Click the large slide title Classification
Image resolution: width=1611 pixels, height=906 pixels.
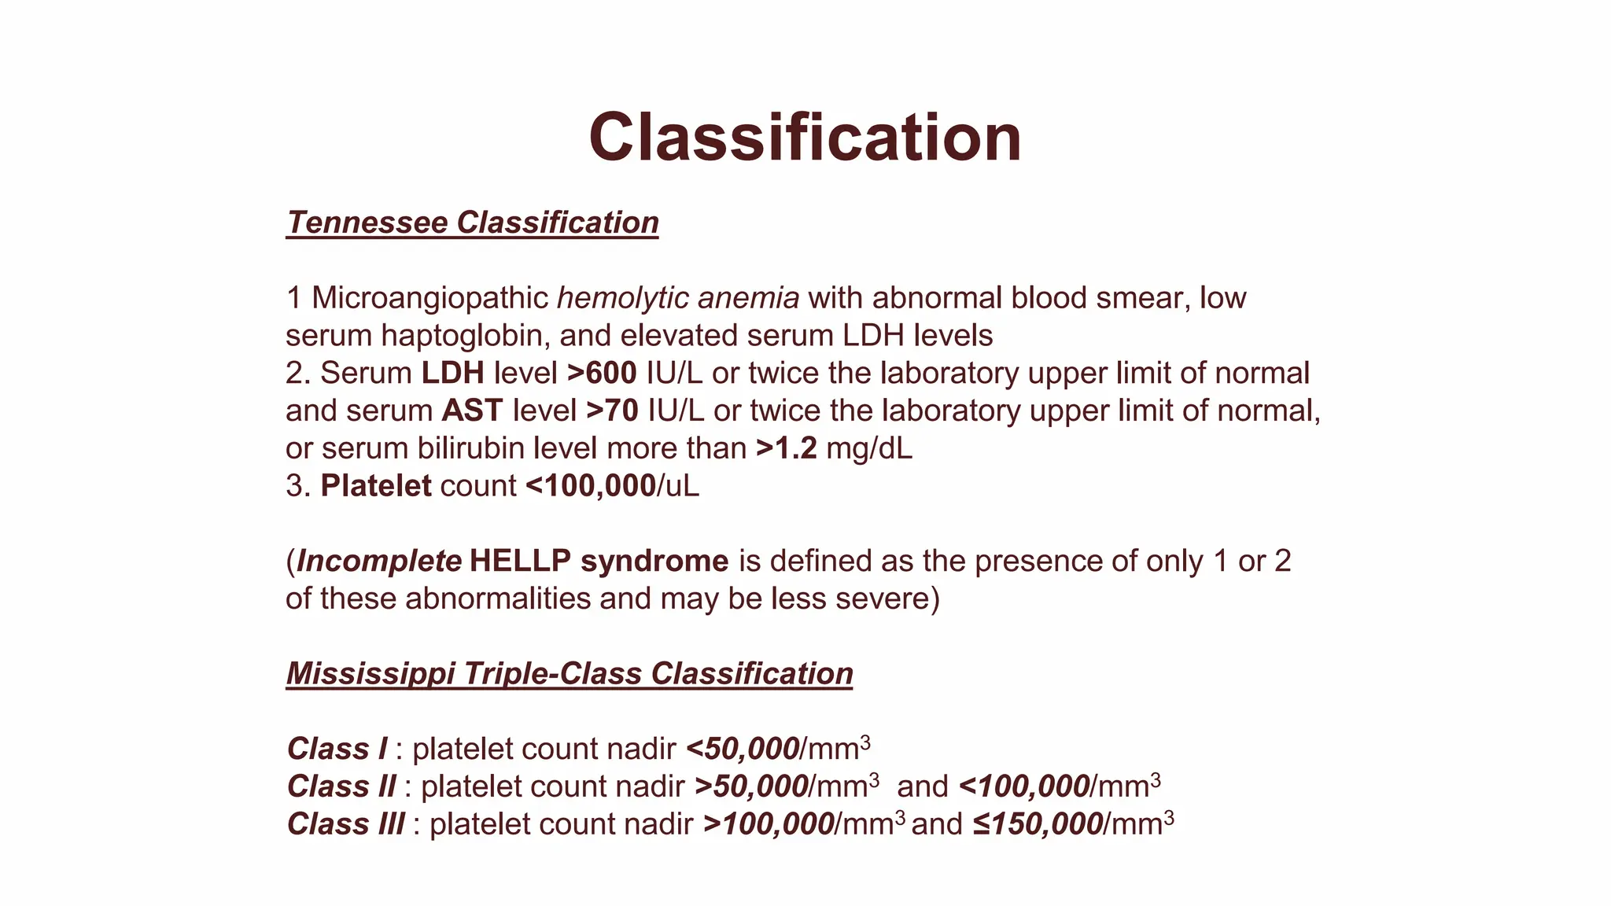[x=805, y=138]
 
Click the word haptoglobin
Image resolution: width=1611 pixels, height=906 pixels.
[x=466, y=336]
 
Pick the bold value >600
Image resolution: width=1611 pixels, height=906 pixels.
[x=602, y=373]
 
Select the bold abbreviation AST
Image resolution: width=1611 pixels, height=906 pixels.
[x=472, y=411]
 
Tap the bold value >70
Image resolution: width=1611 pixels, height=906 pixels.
[x=612, y=411]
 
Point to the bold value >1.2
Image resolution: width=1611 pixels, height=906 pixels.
[x=786, y=448]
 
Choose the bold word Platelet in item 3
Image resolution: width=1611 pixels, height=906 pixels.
[x=376, y=486]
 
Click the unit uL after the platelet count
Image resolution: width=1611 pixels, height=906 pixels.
[x=682, y=486]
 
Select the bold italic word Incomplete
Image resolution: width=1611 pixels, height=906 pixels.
[x=379, y=561]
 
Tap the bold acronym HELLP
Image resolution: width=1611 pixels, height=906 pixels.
[x=520, y=561]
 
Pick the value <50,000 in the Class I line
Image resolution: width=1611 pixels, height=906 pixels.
[x=743, y=749]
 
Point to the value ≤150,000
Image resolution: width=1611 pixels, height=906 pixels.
[x=1037, y=824]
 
